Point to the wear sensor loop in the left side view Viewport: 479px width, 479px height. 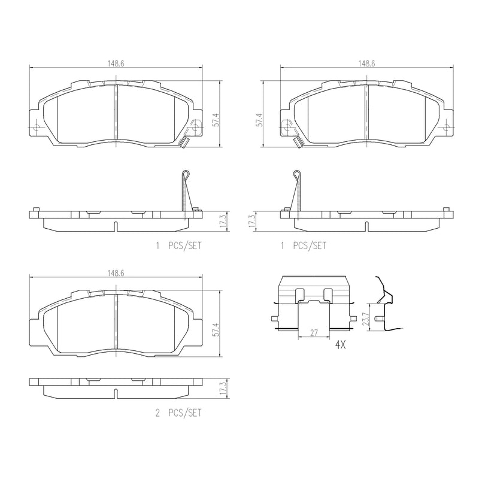click(186, 175)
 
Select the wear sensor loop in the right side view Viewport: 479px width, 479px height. click(296, 175)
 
